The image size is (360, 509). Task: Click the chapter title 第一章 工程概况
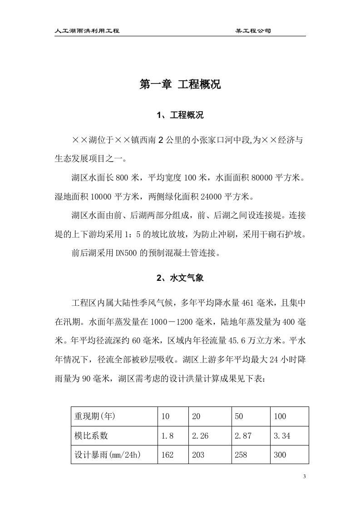(180, 84)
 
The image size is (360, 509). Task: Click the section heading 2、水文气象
(180, 279)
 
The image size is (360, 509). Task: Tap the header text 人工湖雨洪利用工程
(87, 31)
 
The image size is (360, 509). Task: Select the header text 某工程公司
(253, 31)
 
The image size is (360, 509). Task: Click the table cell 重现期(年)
(94, 416)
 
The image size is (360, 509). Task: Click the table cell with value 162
(168, 455)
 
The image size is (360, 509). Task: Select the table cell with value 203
(198, 455)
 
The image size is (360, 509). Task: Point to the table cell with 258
(241, 455)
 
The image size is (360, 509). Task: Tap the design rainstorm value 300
(280, 455)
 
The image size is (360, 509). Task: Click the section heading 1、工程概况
(180, 115)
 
